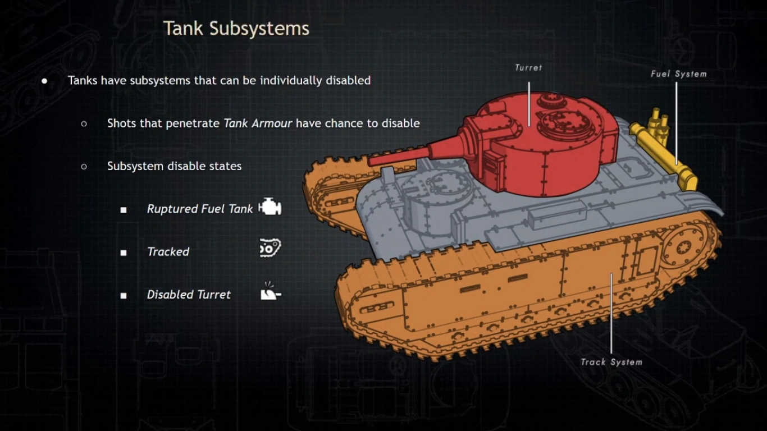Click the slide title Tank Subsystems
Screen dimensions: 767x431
(236, 29)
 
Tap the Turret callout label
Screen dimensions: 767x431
(528, 68)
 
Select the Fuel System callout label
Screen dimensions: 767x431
(678, 74)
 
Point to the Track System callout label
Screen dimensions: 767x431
(611, 362)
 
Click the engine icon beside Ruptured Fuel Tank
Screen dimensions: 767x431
(270, 208)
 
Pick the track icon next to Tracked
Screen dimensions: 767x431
(270, 248)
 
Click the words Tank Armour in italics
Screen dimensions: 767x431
(258, 123)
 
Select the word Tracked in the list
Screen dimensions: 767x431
(168, 252)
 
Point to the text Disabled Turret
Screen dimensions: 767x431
(189, 295)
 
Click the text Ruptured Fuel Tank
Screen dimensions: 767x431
(200, 209)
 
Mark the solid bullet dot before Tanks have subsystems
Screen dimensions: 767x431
(44, 81)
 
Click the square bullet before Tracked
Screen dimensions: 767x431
(124, 253)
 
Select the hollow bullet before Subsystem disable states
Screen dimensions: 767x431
(84, 167)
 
